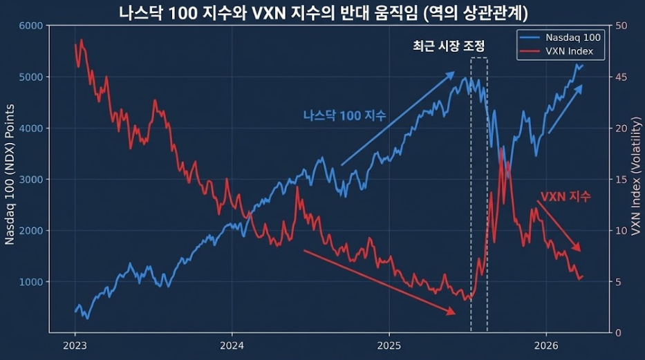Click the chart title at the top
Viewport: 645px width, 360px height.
point(323,12)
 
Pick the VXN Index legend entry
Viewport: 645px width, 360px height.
point(564,52)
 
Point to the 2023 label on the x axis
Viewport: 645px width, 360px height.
point(75,345)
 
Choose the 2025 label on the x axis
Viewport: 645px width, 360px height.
point(389,345)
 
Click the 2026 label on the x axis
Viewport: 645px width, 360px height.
point(546,345)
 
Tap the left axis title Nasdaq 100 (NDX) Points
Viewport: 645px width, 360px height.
point(10,178)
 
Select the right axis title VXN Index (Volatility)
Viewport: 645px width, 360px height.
point(635,180)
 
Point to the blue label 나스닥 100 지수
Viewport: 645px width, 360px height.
point(344,115)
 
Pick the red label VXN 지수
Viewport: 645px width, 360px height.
point(565,197)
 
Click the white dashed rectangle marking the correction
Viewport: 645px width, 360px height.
point(479,193)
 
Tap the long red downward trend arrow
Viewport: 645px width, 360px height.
point(380,282)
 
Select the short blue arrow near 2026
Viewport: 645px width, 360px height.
point(565,109)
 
